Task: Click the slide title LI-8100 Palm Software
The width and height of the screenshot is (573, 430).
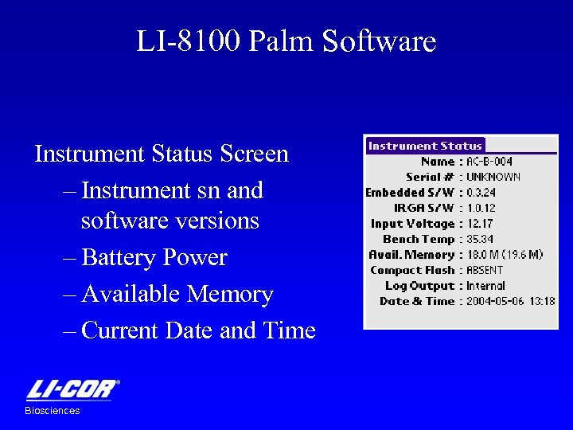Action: pyautogui.click(x=286, y=41)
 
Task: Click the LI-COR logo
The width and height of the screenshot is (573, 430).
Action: pyautogui.click(x=72, y=390)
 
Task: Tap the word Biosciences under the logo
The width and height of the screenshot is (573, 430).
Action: pyautogui.click(x=53, y=411)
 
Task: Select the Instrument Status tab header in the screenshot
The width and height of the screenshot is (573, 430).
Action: pyautogui.click(x=425, y=146)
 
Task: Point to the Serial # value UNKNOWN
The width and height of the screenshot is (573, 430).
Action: pyautogui.click(x=493, y=177)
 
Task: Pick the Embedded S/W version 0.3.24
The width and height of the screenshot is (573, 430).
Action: pyautogui.click(x=482, y=193)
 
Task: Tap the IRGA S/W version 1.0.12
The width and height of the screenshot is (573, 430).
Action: pyautogui.click(x=482, y=208)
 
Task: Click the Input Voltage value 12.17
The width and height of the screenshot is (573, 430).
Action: pyautogui.click(x=480, y=224)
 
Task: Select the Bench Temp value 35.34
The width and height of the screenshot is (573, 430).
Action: pyautogui.click(x=480, y=239)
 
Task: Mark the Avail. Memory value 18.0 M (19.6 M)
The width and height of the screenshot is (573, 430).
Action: pyautogui.click(x=505, y=255)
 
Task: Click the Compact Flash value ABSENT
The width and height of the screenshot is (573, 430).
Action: pyautogui.click(x=485, y=270)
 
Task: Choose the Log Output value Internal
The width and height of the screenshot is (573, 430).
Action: pyautogui.click(x=485, y=286)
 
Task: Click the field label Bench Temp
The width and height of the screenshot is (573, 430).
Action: pyautogui.click(x=419, y=239)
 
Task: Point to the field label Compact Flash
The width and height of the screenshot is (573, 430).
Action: pyautogui.click(x=412, y=270)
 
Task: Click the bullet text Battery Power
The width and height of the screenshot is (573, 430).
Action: pyautogui.click(x=154, y=258)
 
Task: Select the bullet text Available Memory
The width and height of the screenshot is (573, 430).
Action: pyautogui.click(x=177, y=295)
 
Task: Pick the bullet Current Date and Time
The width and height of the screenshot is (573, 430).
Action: pyautogui.click(x=198, y=330)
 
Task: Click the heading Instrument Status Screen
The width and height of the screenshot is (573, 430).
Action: pyautogui.click(x=162, y=154)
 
